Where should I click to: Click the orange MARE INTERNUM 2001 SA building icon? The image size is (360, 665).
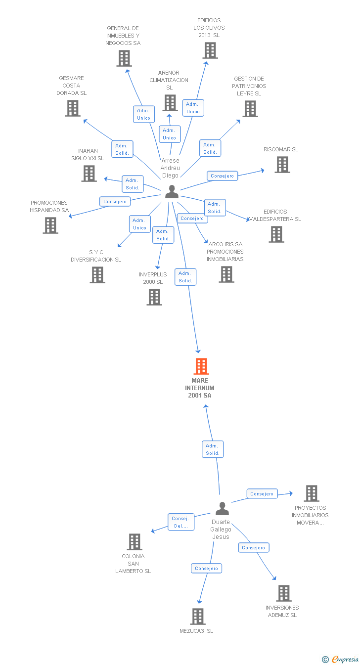(201, 366)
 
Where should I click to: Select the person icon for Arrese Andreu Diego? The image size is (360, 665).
(172, 191)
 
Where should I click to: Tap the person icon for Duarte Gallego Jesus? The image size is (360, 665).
(223, 508)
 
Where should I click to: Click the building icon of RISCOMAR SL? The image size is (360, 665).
(282, 165)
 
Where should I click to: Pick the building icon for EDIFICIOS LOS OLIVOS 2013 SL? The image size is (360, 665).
(210, 50)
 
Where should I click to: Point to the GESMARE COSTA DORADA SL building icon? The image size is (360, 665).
(73, 108)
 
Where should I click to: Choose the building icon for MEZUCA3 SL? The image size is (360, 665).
(198, 617)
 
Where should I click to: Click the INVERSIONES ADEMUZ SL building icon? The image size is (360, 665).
(283, 593)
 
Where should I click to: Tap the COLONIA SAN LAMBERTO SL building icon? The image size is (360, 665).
(135, 542)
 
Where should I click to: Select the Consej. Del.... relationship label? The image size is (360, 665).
(180, 522)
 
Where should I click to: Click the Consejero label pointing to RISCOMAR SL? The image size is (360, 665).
(223, 176)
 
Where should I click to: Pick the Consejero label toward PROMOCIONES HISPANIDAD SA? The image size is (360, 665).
(115, 202)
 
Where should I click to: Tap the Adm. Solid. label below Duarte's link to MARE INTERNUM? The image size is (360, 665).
(213, 449)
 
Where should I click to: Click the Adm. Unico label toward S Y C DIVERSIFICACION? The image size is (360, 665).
(140, 224)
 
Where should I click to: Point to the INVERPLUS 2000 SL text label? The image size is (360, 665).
(153, 278)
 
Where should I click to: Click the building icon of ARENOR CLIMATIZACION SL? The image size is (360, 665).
(170, 103)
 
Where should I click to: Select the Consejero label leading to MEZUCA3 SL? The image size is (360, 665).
(207, 569)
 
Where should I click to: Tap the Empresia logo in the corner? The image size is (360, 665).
(341, 659)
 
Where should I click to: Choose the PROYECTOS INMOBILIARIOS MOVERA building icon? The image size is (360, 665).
(311, 493)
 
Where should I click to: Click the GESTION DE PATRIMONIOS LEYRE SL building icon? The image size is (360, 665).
(250, 109)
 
